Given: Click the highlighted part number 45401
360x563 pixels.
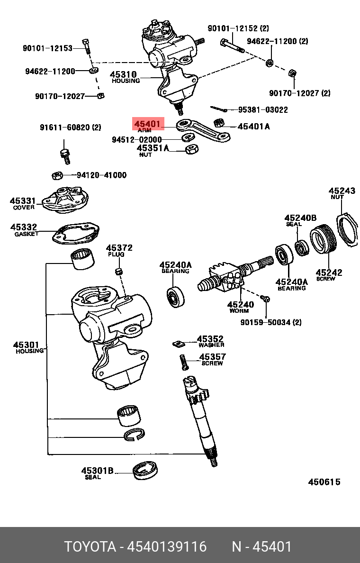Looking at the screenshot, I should (148, 125).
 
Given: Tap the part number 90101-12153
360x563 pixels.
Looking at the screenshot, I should (47, 48).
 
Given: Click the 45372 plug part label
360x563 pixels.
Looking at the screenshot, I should (119, 248).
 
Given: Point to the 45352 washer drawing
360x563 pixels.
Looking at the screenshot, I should (178, 344).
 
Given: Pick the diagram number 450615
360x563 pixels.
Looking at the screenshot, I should (324, 482).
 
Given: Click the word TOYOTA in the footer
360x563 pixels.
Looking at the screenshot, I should (90, 547).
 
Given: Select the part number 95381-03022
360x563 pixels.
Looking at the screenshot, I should (263, 109).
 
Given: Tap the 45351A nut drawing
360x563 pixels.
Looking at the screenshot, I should (191, 150).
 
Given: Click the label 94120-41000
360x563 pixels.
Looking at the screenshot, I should (101, 175).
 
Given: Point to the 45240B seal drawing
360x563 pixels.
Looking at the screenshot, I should (301, 248).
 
